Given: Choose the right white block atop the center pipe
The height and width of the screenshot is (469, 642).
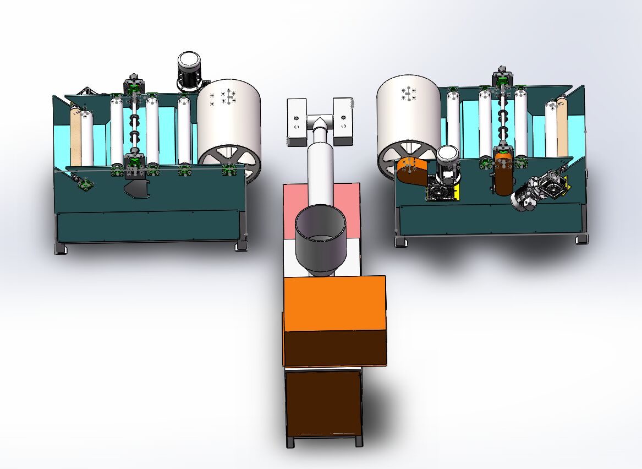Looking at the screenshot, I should [x=343, y=121].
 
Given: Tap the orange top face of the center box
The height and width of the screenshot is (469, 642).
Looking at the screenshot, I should [x=334, y=303].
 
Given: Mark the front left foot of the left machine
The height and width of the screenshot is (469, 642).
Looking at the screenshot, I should [x=61, y=248].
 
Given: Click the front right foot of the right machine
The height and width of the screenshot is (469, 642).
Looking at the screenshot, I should [x=581, y=239].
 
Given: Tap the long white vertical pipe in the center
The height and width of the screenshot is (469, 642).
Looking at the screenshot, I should [x=320, y=171].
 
